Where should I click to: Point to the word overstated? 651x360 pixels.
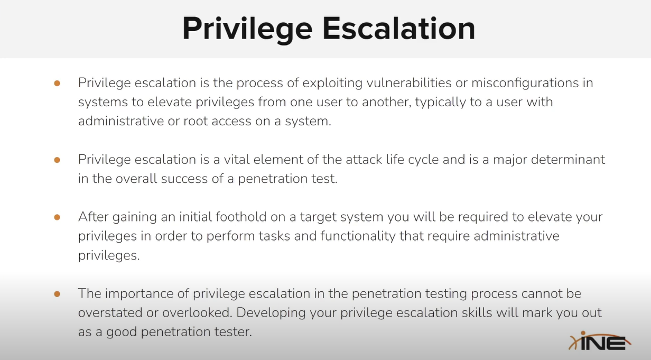click(x=108, y=312)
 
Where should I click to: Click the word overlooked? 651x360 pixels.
click(x=194, y=312)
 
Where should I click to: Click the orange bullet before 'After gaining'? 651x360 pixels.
click(x=57, y=217)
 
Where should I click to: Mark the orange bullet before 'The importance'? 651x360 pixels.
click(x=57, y=293)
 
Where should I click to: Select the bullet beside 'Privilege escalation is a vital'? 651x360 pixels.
click(x=57, y=159)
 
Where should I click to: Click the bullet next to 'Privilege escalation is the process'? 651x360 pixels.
click(x=57, y=83)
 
